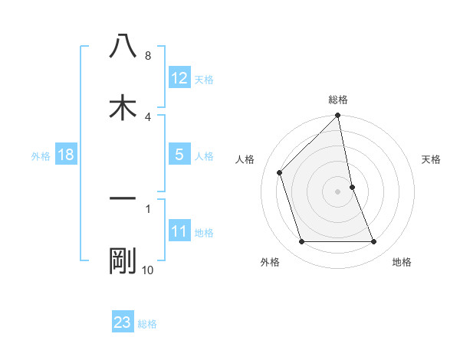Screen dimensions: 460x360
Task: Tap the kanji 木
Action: point(123,107)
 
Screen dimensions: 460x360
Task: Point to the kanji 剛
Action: point(123,262)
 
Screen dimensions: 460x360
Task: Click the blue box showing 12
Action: point(179,78)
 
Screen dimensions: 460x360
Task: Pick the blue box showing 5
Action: point(179,155)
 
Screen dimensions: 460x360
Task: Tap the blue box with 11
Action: point(179,231)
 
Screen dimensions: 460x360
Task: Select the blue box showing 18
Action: point(66,155)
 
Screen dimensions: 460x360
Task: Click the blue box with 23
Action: point(123,322)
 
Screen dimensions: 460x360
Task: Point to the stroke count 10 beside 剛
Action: point(148,270)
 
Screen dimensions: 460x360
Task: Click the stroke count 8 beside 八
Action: point(148,56)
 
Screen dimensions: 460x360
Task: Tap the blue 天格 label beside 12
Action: point(204,79)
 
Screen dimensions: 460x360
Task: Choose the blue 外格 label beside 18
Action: point(41,155)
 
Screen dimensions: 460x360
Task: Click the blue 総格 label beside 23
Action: point(147,323)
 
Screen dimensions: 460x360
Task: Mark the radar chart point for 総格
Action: point(338,116)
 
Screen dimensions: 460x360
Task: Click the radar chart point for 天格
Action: point(353,187)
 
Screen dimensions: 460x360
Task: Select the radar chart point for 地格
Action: point(374,242)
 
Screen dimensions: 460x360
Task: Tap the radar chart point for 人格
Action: point(280,172)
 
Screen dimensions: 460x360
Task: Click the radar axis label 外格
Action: point(270,263)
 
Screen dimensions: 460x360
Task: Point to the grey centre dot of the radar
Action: point(338,191)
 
